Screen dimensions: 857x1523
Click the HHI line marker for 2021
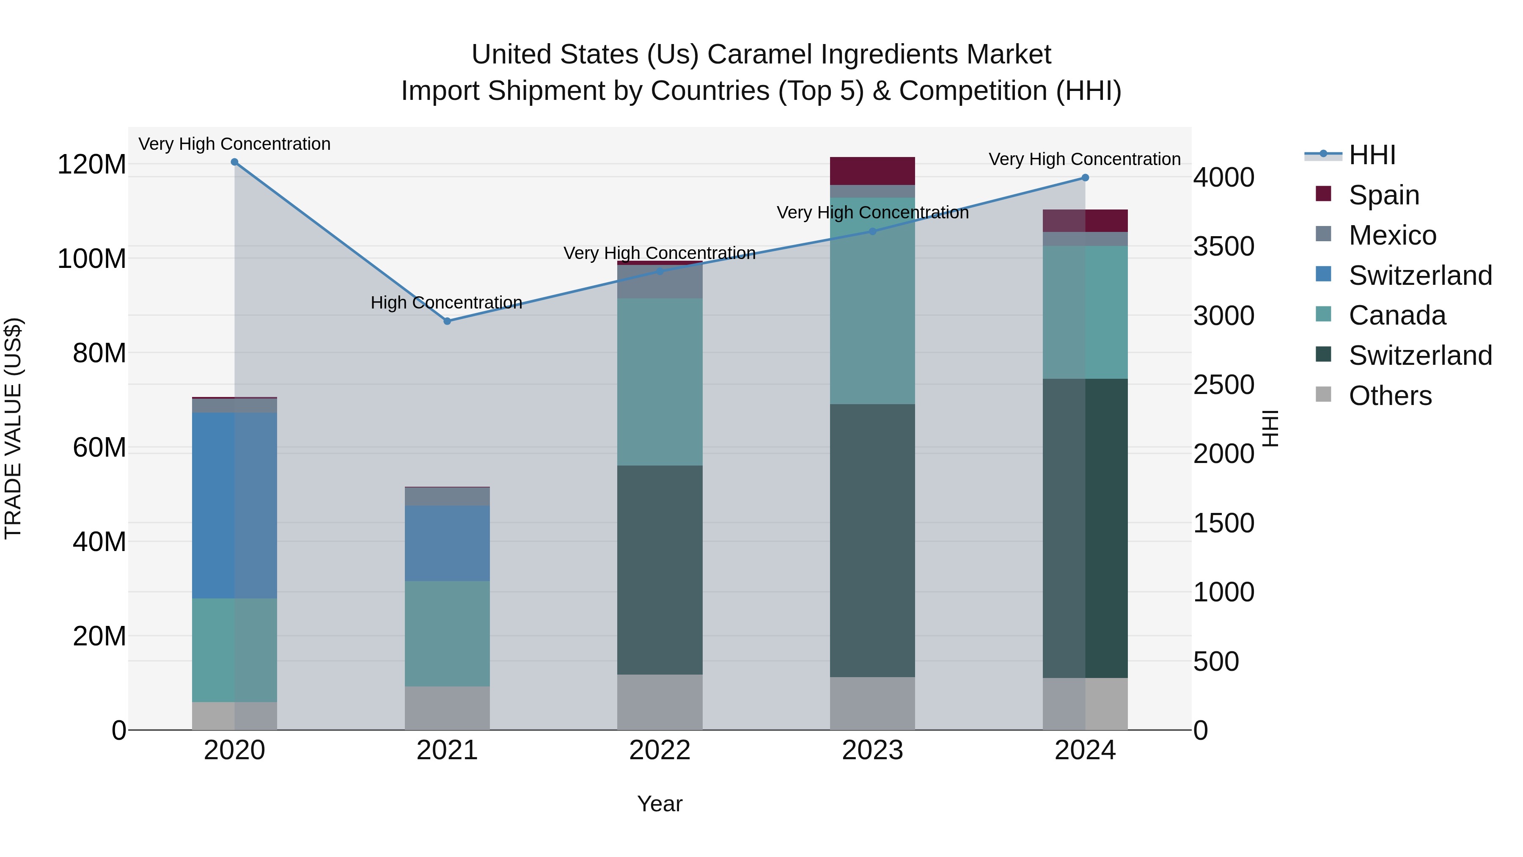click(447, 321)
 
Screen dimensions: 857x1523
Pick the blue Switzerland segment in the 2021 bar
click(447, 543)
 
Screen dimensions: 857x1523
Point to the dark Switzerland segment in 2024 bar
click(1085, 528)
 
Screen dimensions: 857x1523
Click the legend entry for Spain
click(1383, 195)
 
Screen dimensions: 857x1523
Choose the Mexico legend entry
click(1392, 235)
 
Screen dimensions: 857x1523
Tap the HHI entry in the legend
click(1372, 155)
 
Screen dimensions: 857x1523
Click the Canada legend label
click(1397, 315)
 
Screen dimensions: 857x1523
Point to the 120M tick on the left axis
click(92, 165)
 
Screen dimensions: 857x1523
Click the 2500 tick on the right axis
click(1223, 385)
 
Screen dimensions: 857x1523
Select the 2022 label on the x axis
click(660, 750)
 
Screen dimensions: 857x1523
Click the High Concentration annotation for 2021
click(446, 302)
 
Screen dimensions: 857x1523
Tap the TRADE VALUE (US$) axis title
click(13, 428)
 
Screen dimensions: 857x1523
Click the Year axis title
click(660, 804)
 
